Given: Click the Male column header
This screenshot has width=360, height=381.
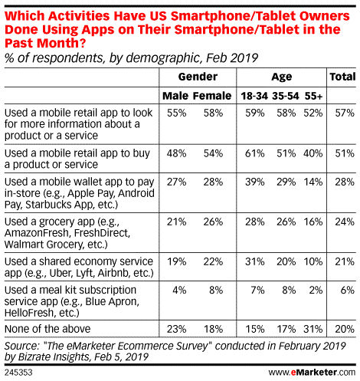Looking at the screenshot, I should coord(175,95).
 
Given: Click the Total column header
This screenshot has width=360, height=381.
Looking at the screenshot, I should coord(342,77).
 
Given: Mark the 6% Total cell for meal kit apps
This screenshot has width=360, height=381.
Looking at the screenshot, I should coord(345,291).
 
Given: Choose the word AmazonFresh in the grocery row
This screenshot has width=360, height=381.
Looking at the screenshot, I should coord(33,232).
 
